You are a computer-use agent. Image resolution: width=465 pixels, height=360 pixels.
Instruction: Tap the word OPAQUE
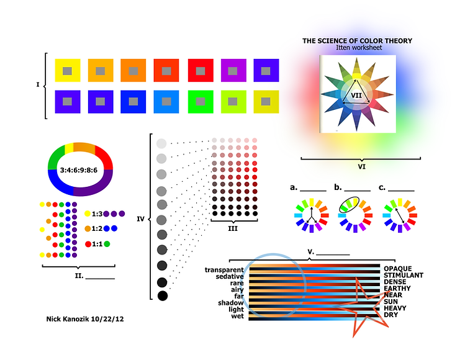tap(397, 269)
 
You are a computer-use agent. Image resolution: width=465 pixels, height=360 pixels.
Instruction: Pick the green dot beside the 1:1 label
tap(107, 244)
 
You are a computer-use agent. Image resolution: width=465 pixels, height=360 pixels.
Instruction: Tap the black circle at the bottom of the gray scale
tap(163, 296)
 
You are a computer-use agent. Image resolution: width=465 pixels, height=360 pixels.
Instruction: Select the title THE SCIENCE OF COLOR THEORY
tap(357, 41)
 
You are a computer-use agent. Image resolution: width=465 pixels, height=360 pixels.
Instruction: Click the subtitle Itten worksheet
tap(357, 48)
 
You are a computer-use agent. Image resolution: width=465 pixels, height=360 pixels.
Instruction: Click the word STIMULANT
tap(404, 275)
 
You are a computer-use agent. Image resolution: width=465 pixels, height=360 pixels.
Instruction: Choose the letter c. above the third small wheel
tap(381, 186)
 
